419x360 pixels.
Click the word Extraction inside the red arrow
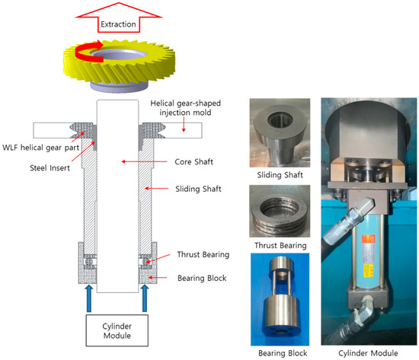point(118,24)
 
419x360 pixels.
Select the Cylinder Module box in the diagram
point(117,330)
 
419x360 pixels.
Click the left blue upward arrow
point(89,298)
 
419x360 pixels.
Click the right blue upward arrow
point(145,298)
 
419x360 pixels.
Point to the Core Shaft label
point(194,162)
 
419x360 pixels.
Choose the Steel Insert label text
point(50,168)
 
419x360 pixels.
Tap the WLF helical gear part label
point(40,148)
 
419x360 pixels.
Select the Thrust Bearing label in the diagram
point(203,254)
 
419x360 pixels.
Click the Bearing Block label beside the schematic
point(202,279)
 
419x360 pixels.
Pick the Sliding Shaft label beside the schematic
point(198,189)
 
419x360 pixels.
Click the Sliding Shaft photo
point(280,132)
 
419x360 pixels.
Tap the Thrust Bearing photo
point(280,211)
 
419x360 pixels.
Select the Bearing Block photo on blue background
point(280,299)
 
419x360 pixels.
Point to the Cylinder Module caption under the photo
point(368,353)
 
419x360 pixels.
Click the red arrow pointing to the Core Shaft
point(144,161)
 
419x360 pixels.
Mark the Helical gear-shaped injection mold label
point(185,108)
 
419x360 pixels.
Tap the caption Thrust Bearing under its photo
point(280,245)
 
